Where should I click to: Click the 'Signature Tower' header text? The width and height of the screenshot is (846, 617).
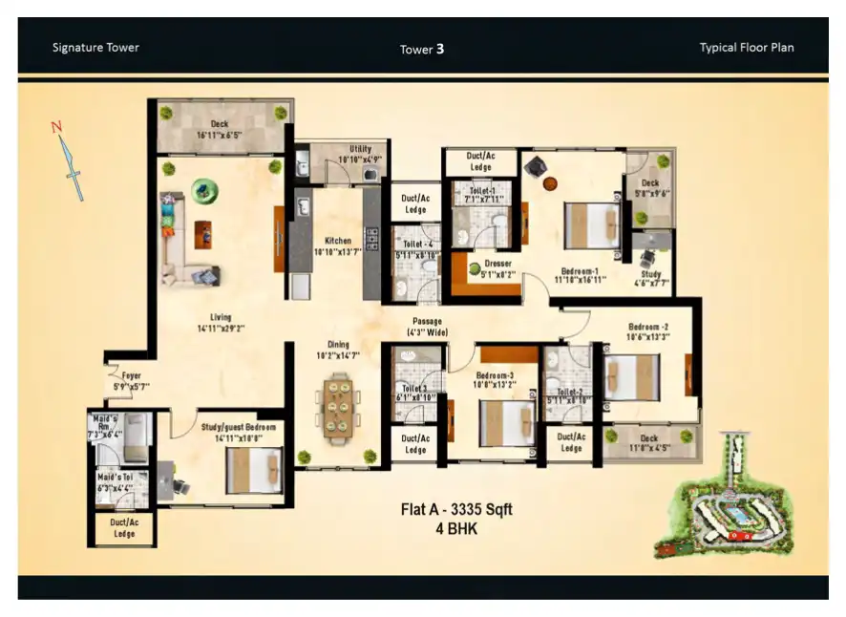95,47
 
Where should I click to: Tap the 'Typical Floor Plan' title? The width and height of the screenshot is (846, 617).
746,47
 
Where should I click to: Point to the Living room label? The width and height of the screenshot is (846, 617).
222,323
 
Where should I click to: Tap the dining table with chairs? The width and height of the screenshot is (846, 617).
337,409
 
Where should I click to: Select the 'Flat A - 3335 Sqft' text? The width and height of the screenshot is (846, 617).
455,509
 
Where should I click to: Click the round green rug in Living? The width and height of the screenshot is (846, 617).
204,190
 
